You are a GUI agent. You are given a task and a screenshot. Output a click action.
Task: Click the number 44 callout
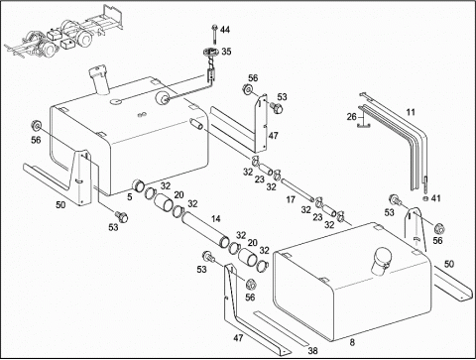[225, 30]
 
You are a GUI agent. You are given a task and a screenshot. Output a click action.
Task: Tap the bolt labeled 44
[215, 34]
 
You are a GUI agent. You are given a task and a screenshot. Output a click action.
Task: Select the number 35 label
[226, 52]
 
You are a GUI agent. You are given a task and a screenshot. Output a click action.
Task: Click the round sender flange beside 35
[211, 52]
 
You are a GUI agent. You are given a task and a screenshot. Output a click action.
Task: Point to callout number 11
[411, 112]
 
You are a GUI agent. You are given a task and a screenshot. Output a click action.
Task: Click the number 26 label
[352, 117]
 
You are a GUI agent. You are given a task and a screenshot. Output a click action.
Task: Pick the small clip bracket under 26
[364, 125]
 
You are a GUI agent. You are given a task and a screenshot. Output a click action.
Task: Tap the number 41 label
[436, 198]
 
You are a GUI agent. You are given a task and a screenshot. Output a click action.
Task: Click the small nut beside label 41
[425, 198]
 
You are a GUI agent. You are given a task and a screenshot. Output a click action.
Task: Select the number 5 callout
[130, 196]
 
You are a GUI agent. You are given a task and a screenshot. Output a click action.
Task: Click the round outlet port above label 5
[138, 184]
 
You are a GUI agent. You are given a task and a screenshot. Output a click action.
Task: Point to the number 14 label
[215, 219]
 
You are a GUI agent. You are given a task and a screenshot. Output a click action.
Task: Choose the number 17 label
[291, 199]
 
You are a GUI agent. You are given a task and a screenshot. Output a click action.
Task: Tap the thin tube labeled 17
[297, 189]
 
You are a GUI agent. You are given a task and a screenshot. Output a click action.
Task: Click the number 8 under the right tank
[352, 342]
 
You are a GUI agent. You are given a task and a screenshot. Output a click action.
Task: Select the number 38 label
[312, 350]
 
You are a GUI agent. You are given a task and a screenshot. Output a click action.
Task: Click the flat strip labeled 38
[282, 328]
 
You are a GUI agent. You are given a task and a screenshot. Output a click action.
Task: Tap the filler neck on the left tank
[100, 80]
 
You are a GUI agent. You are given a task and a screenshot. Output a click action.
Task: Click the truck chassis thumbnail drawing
[64, 32]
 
